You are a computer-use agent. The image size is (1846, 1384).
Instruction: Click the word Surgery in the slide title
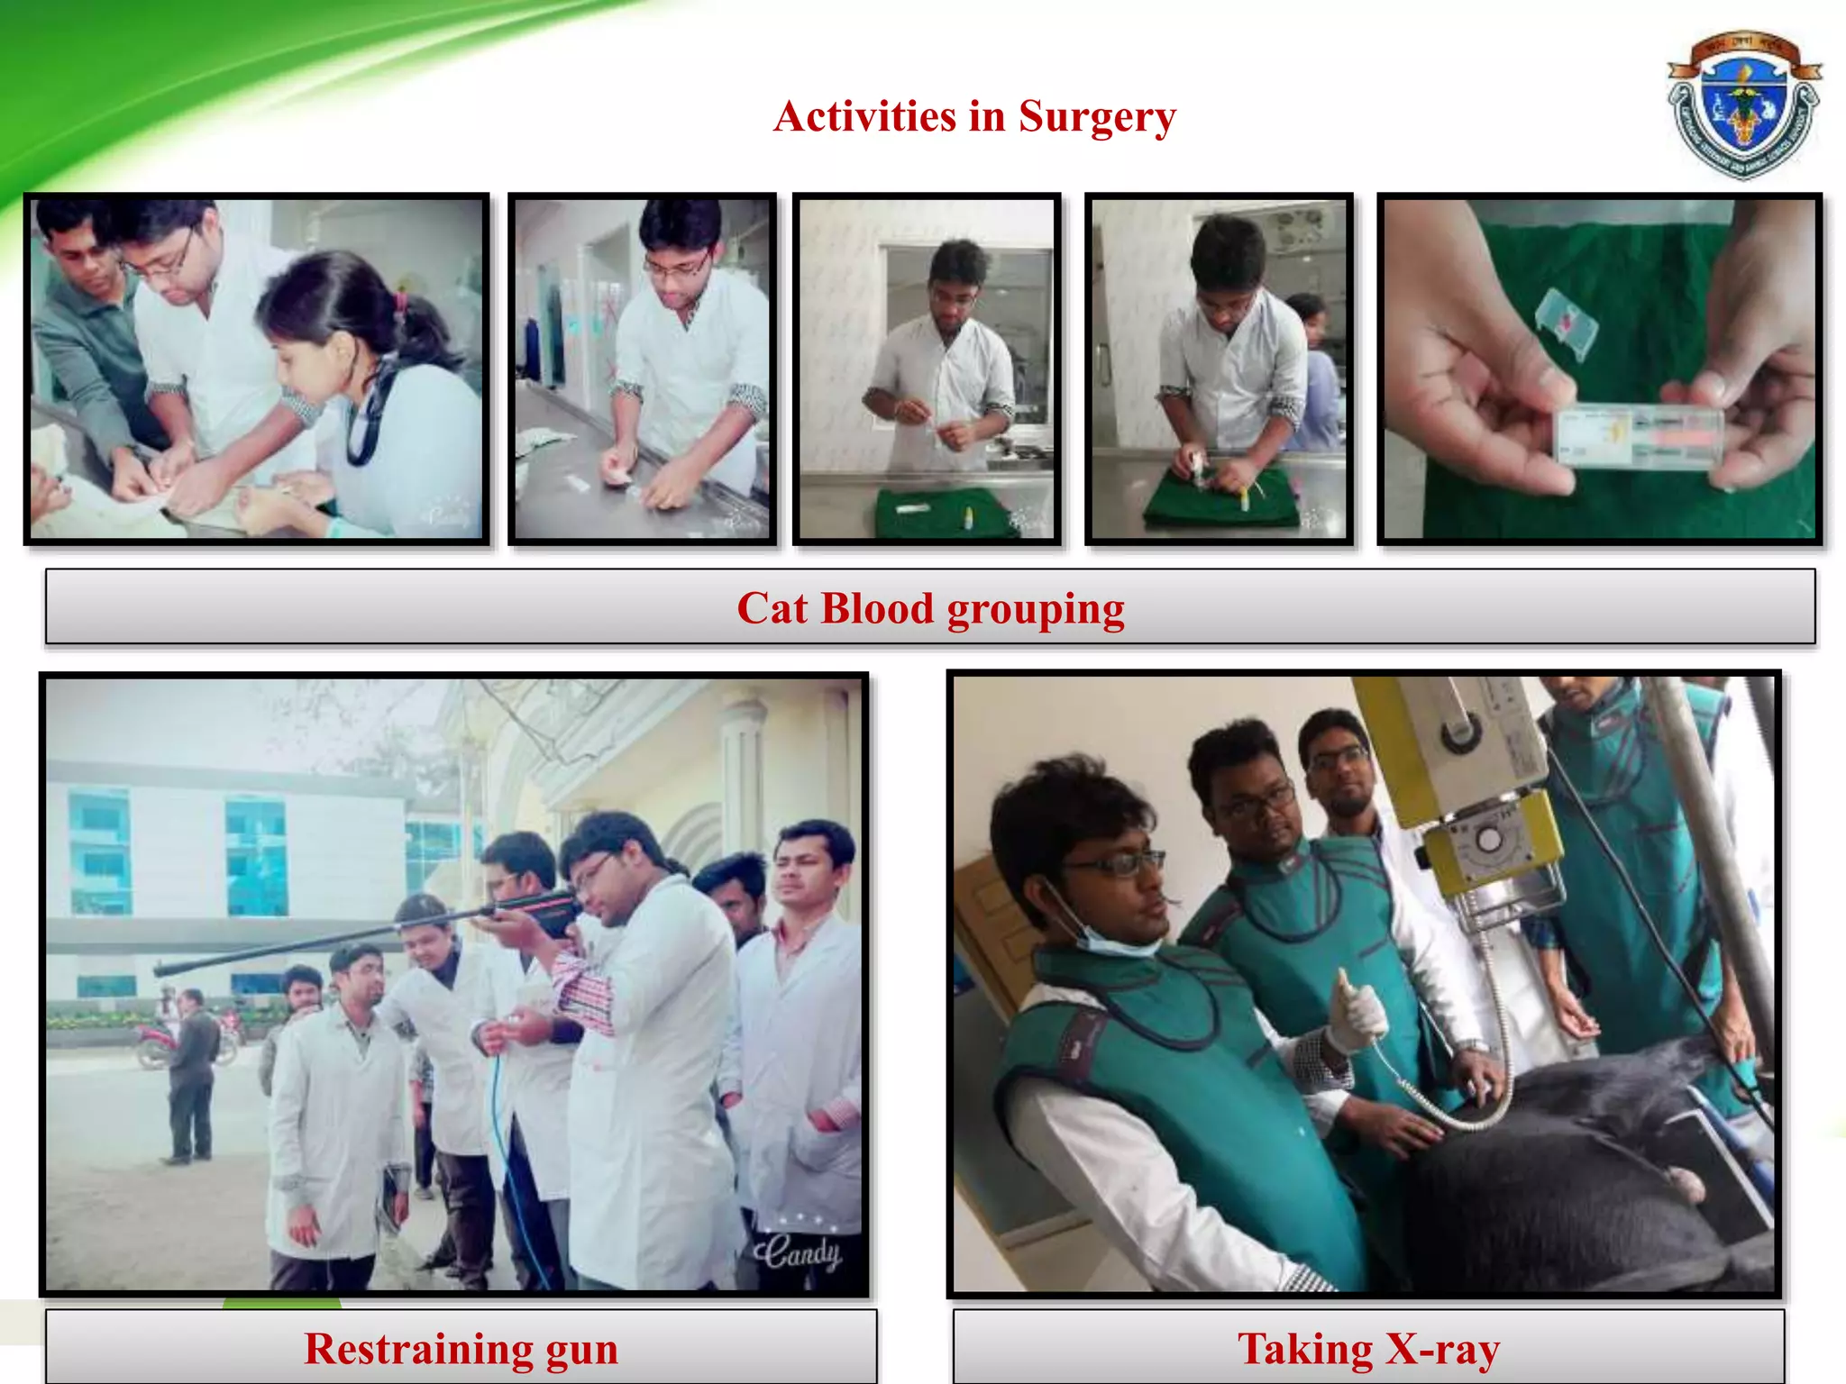[1097, 117]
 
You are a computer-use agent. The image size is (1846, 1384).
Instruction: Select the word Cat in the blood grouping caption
[772, 608]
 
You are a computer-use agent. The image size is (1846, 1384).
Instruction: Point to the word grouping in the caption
[1035, 610]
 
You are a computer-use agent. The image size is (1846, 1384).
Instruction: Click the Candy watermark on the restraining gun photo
[798, 1252]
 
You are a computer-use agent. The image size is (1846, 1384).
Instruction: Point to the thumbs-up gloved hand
[1357, 1014]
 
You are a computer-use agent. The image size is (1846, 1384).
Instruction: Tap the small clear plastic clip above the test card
[1567, 320]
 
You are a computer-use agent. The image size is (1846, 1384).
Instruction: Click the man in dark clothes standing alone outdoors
[191, 1072]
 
